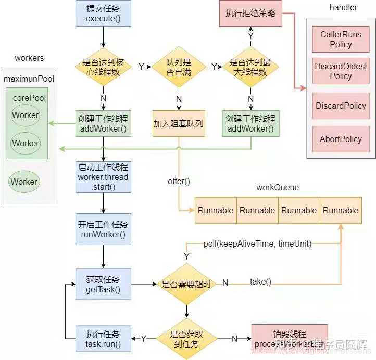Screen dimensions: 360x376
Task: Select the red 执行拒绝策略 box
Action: click(250, 14)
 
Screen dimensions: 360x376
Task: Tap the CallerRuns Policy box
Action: click(341, 40)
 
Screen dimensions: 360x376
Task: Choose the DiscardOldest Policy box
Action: click(341, 71)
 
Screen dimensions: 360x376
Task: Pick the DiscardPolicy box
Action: click(341, 106)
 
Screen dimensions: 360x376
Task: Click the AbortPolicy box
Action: click(341, 139)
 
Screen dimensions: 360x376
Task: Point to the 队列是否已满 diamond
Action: click(179, 67)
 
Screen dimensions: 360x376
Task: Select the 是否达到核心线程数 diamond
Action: click(102, 67)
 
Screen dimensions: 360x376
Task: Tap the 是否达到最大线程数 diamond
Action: click(251, 67)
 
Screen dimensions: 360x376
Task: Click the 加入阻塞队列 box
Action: click(179, 124)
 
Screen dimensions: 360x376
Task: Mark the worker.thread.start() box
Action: click(103, 177)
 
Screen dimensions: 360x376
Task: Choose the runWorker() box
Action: click(103, 229)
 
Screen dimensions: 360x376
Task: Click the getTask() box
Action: click(103, 284)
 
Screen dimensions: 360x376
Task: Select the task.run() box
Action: click(103, 339)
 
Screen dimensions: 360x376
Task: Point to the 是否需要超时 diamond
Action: click(186, 284)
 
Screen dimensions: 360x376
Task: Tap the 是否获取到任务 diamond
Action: click(186, 339)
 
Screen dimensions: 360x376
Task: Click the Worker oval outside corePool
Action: click(24, 182)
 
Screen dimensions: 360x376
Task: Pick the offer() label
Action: click(179, 181)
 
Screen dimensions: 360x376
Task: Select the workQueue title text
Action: click(278, 187)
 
